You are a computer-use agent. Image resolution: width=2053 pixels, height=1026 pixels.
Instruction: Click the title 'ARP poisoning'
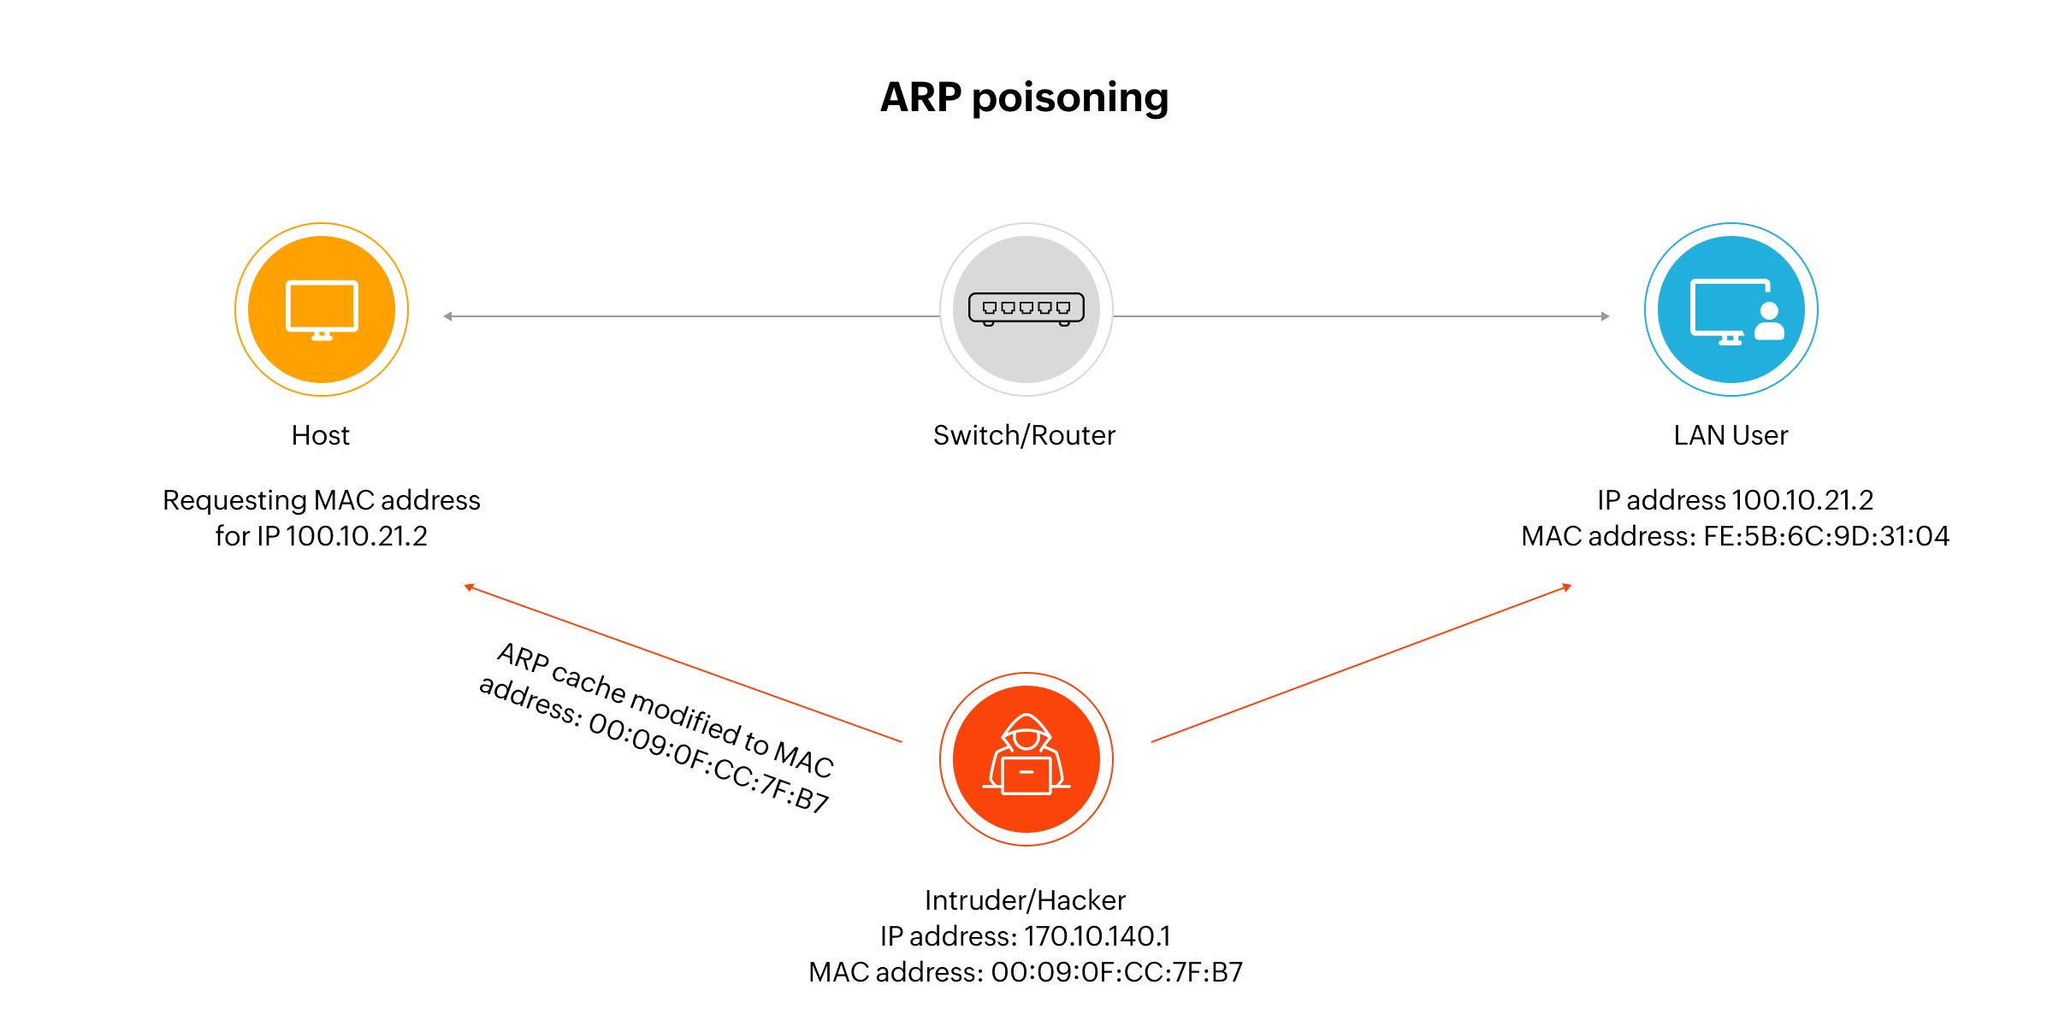point(1024,97)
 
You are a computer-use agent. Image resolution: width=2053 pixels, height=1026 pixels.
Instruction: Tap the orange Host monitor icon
point(322,310)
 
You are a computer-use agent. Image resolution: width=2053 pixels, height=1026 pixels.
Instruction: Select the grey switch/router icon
point(1026,310)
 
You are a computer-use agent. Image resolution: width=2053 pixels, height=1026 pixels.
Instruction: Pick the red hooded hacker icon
point(1026,759)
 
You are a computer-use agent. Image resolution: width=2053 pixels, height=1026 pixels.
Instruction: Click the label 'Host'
point(321,435)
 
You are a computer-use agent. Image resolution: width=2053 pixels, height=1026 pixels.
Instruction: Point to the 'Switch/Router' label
point(1024,435)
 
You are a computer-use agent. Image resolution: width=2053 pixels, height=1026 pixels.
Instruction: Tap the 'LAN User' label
point(1731,435)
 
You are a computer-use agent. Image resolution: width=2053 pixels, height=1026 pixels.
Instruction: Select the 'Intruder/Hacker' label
point(1025,900)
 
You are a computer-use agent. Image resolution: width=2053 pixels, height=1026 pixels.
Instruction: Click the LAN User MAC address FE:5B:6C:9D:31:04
point(1825,536)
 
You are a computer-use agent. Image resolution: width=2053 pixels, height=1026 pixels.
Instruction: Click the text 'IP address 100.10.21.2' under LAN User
point(1735,500)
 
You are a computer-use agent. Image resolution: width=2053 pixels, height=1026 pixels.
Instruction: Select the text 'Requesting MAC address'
point(322,500)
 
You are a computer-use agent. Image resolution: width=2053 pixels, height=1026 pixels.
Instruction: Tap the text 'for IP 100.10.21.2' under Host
point(321,536)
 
